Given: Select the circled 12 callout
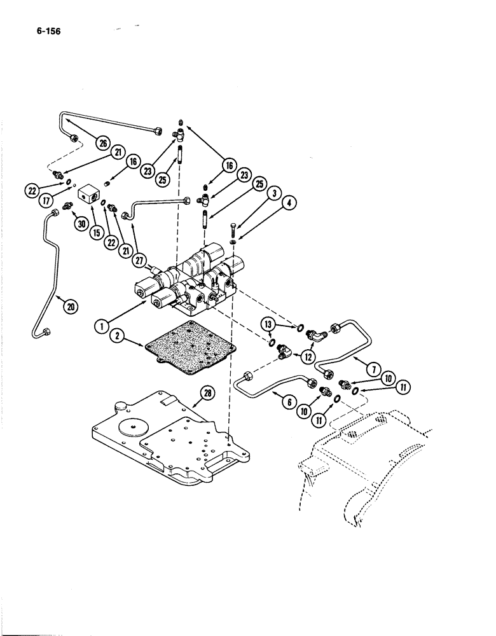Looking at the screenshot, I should coord(309,357).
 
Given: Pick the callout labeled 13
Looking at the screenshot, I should coord(268,325).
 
